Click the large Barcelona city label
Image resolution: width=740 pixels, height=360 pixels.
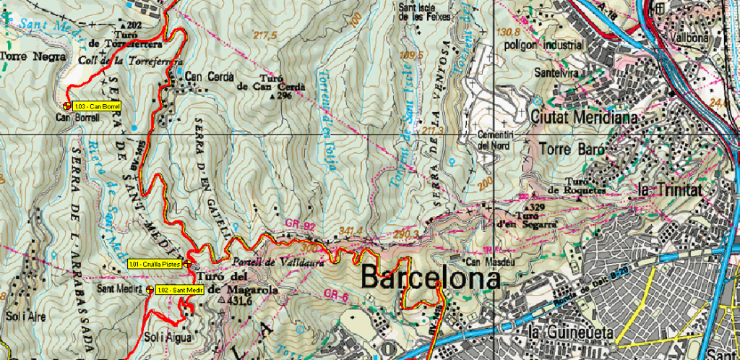pyautogui.click(x=431, y=278)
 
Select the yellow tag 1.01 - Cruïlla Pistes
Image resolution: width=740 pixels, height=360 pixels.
pyautogui.click(x=155, y=265)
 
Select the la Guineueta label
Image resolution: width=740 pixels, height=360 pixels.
pyautogui.click(x=572, y=333)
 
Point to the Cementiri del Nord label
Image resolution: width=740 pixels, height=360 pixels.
pyautogui.click(x=494, y=140)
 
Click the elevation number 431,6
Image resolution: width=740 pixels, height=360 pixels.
pyautogui.click(x=238, y=300)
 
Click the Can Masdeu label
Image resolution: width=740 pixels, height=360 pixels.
pyautogui.click(x=484, y=261)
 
